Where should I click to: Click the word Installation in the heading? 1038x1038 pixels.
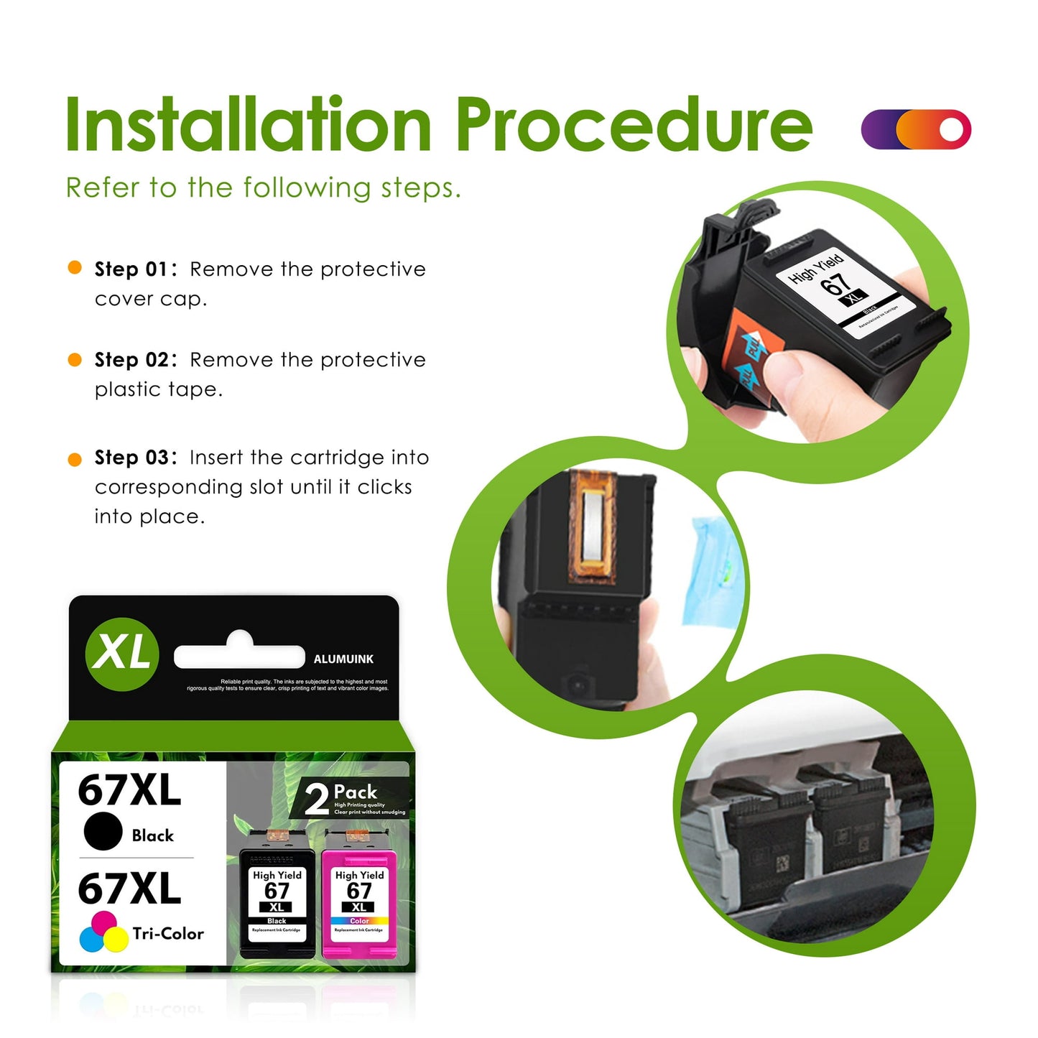[248, 126]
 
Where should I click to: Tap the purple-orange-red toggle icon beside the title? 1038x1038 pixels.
[916, 129]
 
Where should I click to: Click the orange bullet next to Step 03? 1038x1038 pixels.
[75, 460]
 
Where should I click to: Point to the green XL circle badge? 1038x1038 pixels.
[122, 654]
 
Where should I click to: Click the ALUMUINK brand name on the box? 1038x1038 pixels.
[343, 659]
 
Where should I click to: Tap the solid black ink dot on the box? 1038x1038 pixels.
[103, 831]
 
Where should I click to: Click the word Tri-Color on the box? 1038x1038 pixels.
[168, 934]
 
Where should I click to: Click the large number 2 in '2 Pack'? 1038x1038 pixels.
[317, 799]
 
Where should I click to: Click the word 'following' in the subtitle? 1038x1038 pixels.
[306, 188]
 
